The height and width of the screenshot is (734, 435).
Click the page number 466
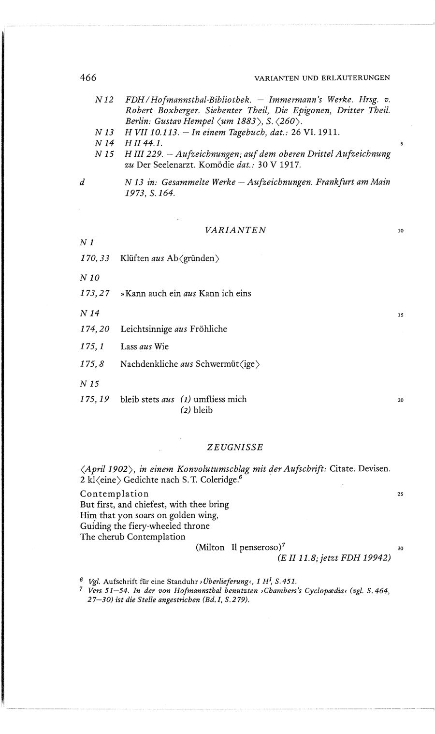88,77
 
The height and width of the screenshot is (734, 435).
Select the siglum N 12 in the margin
104,100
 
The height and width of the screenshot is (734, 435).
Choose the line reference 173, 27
95,293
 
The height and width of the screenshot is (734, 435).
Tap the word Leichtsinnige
145,329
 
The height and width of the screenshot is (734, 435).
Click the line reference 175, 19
95,399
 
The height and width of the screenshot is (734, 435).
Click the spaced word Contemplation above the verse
115,494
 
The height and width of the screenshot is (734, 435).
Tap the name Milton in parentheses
210,548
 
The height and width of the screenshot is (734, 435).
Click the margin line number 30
400,549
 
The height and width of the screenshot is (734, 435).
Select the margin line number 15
401,315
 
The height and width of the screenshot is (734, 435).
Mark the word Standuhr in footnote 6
183,581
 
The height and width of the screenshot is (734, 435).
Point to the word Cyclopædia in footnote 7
293,591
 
